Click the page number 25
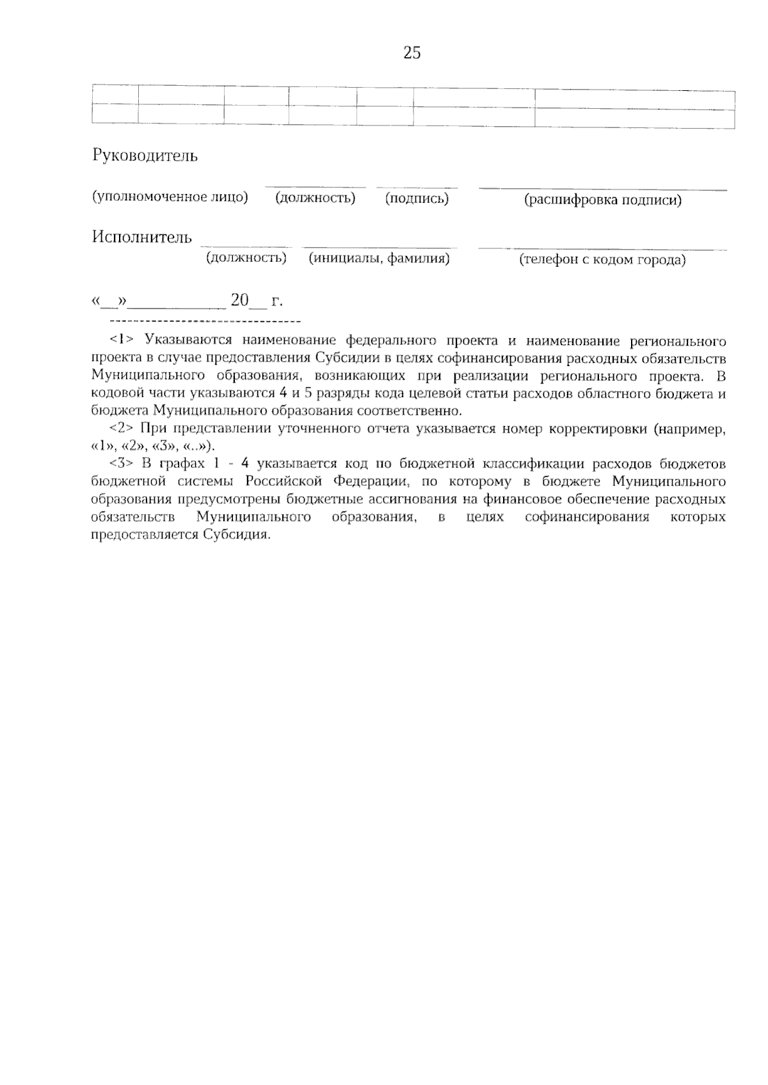412,53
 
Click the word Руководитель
145,156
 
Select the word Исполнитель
141,237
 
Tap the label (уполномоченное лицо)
170,197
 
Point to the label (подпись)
417,198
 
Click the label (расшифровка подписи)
603,200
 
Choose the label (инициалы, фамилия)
379,259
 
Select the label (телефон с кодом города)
602,260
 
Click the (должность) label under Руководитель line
315,198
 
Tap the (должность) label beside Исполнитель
246,258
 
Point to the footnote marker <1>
121,338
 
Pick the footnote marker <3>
121,464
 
